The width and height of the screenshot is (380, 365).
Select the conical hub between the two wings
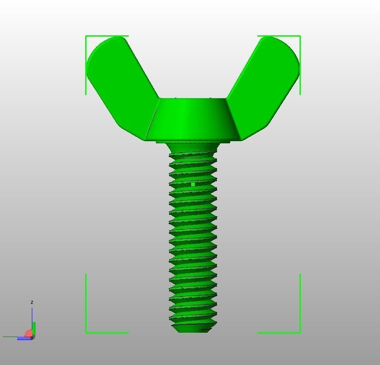(x=193, y=118)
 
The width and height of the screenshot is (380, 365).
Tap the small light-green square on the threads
(x=193, y=184)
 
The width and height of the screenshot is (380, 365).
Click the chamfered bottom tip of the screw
(x=193, y=328)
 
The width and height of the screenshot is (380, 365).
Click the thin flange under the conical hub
(x=193, y=142)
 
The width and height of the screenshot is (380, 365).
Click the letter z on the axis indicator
(x=32, y=303)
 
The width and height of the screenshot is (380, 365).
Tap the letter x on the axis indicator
(x=32, y=338)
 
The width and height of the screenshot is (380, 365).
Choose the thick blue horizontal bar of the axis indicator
(x=24, y=339)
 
